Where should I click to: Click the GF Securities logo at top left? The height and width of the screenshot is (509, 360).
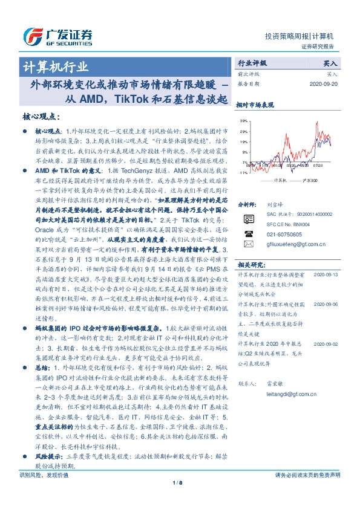click(x=57, y=34)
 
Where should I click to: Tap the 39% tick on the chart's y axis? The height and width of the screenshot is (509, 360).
click(x=242, y=121)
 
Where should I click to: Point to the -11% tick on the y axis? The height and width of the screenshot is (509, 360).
click(x=241, y=172)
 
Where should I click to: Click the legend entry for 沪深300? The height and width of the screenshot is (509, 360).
click(x=302, y=180)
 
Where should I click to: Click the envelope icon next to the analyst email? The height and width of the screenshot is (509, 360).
click(x=247, y=244)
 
